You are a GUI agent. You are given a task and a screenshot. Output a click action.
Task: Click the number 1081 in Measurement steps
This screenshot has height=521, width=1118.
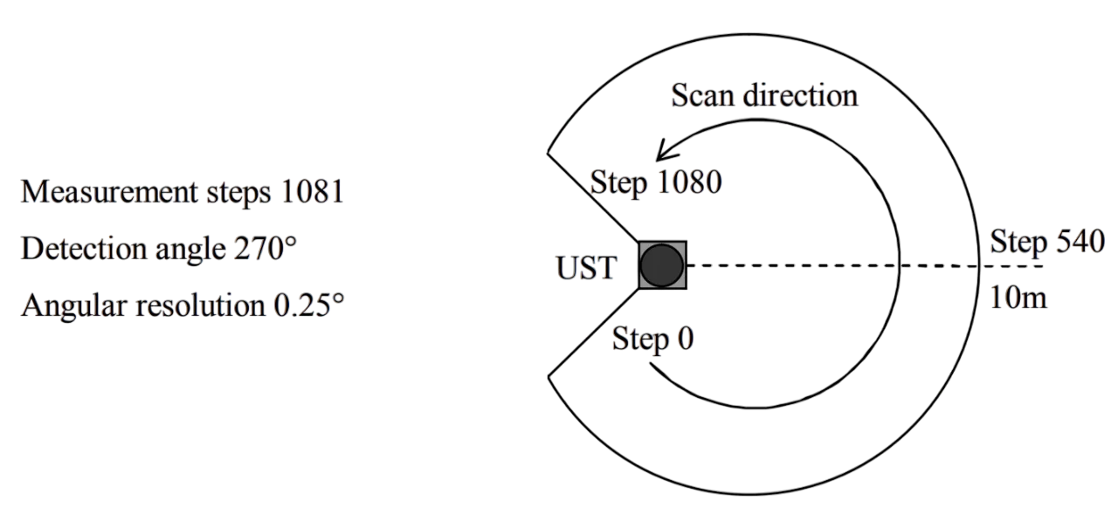click(313, 191)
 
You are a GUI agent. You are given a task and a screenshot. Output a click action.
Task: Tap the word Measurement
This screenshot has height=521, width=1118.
click(110, 191)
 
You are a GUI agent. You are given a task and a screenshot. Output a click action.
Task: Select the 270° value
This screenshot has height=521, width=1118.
click(266, 249)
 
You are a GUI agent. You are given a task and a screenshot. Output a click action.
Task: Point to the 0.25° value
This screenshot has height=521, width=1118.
click(309, 305)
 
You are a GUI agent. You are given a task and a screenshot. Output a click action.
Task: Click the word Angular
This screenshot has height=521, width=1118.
click(74, 306)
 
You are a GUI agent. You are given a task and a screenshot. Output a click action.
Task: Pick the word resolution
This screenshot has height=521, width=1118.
click(201, 305)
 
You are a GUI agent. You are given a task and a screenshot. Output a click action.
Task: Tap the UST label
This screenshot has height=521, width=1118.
click(586, 268)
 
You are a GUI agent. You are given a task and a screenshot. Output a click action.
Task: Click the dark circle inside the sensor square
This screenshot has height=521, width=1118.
click(662, 265)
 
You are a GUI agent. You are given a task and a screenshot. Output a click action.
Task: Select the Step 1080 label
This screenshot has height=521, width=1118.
click(656, 183)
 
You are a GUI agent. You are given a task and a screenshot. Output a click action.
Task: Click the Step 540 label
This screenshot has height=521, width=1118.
click(1047, 243)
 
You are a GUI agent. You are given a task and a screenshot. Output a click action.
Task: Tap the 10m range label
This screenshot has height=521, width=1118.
click(1018, 298)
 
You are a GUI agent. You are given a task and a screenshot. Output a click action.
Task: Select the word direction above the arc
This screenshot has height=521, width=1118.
click(800, 95)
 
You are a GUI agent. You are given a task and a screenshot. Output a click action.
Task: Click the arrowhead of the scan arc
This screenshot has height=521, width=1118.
click(665, 152)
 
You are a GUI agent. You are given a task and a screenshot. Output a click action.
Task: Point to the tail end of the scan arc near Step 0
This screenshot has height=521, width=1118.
click(650, 364)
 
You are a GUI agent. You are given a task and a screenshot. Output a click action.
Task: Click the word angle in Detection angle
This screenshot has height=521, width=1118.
click(190, 250)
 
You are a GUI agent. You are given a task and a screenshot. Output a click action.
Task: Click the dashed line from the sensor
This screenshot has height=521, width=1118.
click(865, 266)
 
